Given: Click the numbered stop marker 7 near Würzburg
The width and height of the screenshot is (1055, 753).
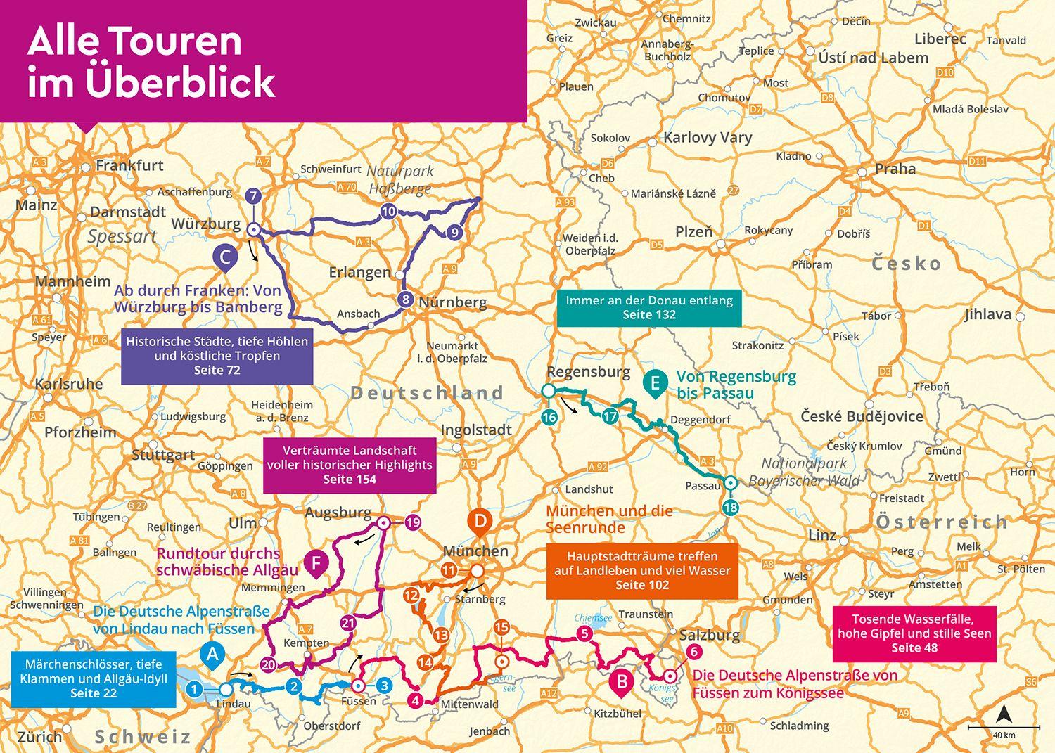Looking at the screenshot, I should tap(253, 196).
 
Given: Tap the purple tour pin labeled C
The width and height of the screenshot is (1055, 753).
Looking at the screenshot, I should tap(224, 257).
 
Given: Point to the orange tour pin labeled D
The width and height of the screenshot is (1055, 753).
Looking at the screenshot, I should tap(480, 521).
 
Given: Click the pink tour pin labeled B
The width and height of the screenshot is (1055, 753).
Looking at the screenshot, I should tap(622, 681).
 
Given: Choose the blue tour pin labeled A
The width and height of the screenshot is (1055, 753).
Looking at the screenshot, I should tap(212, 654).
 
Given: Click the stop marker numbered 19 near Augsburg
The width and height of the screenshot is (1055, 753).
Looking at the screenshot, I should tap(413, 522).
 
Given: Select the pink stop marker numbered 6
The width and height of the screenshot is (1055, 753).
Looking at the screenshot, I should tap(694, 652).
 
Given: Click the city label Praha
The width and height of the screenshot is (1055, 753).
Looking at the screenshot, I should tap(895, 169).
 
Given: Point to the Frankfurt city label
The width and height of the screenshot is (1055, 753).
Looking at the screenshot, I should tap(129, 166).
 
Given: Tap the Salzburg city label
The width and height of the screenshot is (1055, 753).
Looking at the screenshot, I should tap(710, 635).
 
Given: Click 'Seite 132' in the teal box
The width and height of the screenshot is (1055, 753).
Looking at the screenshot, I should tap(648, 315).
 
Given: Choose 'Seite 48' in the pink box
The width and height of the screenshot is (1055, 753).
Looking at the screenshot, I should tap(914, 648).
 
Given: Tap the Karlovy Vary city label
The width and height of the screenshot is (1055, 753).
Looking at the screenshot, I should tap(708, 137).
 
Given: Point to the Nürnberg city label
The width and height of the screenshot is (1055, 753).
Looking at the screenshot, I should tap(452, 302).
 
